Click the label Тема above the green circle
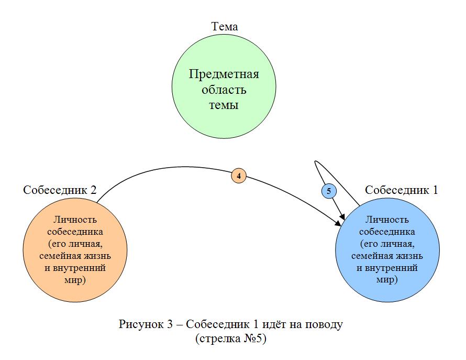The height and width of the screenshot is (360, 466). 224,27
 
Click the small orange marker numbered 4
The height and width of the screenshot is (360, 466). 239,177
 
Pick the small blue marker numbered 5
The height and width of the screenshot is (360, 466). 329,191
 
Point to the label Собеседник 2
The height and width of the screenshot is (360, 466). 59,190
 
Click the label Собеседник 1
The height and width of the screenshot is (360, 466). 401,190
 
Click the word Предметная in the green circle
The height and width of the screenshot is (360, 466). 224,74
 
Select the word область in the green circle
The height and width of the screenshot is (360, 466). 224,90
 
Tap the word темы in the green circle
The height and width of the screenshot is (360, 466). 224,105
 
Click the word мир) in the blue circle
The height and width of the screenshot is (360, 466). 387,280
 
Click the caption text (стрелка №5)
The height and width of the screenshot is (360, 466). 231,339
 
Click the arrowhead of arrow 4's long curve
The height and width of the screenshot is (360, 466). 337,224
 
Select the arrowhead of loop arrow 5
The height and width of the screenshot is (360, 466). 342,215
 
